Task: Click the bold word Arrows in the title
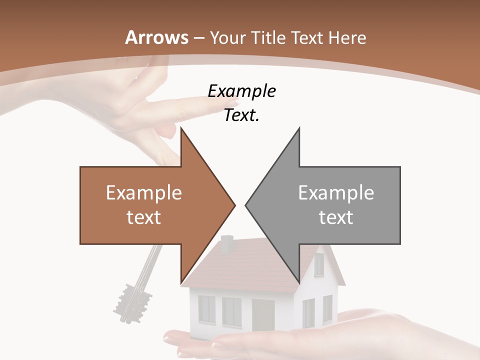pos(157,37)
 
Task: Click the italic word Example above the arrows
pos(241,91)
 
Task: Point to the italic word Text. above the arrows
pos(241,115)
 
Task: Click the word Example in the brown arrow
pos(144,192)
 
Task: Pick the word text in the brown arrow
pos(144,217)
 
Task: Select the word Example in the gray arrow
pos(336,192)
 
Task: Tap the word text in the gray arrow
pos(336,217)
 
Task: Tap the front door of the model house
pos(263,315)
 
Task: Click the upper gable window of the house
pos(318,264)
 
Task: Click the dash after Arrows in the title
pos(198,37)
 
